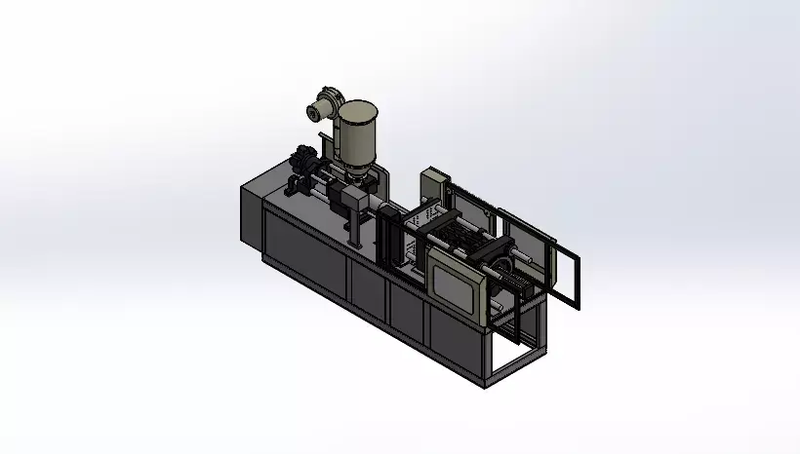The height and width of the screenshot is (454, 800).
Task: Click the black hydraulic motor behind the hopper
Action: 304,159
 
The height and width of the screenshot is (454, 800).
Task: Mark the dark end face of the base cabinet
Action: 251,213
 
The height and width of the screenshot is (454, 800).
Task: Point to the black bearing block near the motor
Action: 296,186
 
